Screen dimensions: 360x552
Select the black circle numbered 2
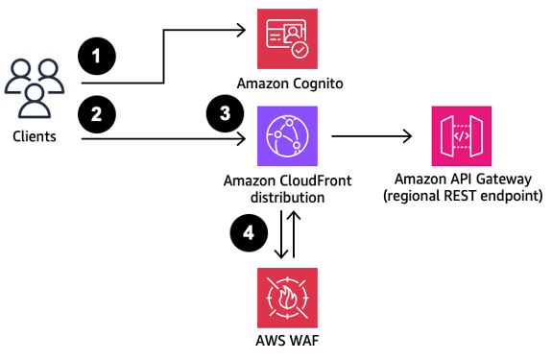coord(96,115)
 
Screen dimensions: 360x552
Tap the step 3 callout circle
coord(225,114)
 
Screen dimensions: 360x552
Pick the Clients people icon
coord(35,88)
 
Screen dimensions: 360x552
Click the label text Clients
coord(35,136)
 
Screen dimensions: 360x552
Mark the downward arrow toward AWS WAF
coord(278,235)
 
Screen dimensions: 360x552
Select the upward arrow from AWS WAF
coord(295,235)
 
